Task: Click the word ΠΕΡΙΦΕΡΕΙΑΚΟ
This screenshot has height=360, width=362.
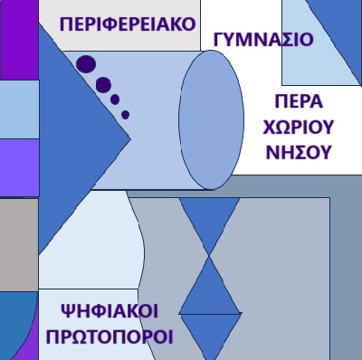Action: point(128,24)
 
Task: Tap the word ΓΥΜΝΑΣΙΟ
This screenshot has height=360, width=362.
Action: point(263,40)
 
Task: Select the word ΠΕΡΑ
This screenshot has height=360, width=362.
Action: point(299,101)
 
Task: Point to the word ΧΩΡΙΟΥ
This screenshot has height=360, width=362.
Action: point(299,127)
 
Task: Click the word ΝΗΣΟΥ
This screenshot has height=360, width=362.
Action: point(298,152)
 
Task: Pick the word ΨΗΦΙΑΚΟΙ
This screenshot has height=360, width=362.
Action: point(110,311)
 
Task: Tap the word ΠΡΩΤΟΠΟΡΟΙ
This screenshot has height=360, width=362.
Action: point(110,336)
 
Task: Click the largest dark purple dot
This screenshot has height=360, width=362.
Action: point(86,64)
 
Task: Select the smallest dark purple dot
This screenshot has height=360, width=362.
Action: point(126,115)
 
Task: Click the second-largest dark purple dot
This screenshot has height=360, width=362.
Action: point(103,85)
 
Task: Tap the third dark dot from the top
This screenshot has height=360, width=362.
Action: point(115,99)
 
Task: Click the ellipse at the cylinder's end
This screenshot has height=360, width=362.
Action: point(211,119)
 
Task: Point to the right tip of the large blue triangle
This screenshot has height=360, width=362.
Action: point(130,138)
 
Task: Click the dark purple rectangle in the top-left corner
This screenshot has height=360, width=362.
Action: point(19,40)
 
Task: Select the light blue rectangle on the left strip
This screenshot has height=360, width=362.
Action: point(19,109)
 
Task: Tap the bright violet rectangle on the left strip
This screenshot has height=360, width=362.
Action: point(19,167)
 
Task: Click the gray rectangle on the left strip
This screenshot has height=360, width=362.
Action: point(19,244)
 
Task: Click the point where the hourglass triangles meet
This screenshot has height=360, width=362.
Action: point(209,257)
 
